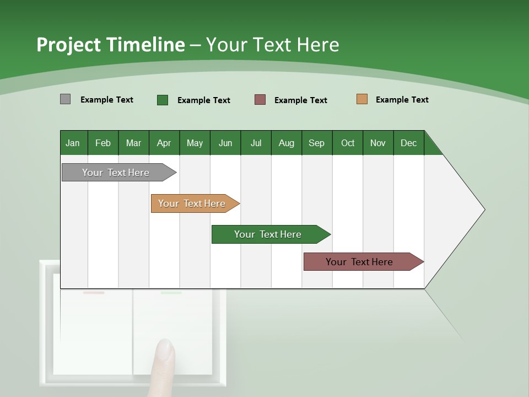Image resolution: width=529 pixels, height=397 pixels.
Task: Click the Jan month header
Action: [x=73, y=143]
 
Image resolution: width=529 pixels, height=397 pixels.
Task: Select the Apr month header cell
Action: [x=164, y=143]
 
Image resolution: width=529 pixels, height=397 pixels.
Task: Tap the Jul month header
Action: [x=256, y=143]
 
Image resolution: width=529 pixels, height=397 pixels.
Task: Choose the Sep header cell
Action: [x=317, y=143]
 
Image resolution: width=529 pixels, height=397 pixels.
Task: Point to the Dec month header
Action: [x=408, y=143]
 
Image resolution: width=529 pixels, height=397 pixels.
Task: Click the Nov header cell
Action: [x=378, y=143]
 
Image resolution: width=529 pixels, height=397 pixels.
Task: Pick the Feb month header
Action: [x=103, y=143]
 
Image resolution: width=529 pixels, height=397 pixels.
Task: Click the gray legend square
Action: [x=65, y=99]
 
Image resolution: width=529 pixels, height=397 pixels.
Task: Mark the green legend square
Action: [x=162, y=100]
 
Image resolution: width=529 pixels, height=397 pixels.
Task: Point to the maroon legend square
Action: [x=260, y=100]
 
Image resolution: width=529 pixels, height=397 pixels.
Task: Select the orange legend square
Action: [x=361, y=99]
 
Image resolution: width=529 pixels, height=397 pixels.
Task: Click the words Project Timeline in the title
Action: [x=111, y=45]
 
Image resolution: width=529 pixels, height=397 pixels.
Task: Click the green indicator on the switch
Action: [x=171, y=293]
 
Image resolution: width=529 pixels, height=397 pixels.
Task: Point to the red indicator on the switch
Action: [x=94, y=293]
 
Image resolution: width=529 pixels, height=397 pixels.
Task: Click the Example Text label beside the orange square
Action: [x=402, y=100]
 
